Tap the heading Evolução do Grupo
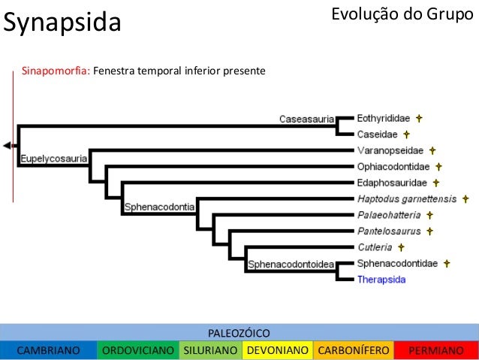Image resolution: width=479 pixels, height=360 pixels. click(402, 14)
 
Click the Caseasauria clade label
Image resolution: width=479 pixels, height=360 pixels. click(307, 119)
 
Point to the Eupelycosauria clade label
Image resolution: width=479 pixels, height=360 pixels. click(53, 159)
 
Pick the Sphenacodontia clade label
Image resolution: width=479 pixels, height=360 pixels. click(159, 206)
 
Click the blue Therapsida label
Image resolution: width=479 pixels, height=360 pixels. click(381, 280)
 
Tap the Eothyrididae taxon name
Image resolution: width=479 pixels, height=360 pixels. click(383, 118)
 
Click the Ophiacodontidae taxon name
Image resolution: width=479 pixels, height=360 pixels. click(393, 167)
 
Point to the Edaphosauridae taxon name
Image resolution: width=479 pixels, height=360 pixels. click(392, 183)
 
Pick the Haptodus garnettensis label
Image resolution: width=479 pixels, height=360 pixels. click(406, 198)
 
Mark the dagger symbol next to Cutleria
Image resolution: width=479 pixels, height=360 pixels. click(402, 247)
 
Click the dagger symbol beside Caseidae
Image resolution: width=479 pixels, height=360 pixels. click(406, 135)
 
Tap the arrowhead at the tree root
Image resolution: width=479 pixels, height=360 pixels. click(8, 144)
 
